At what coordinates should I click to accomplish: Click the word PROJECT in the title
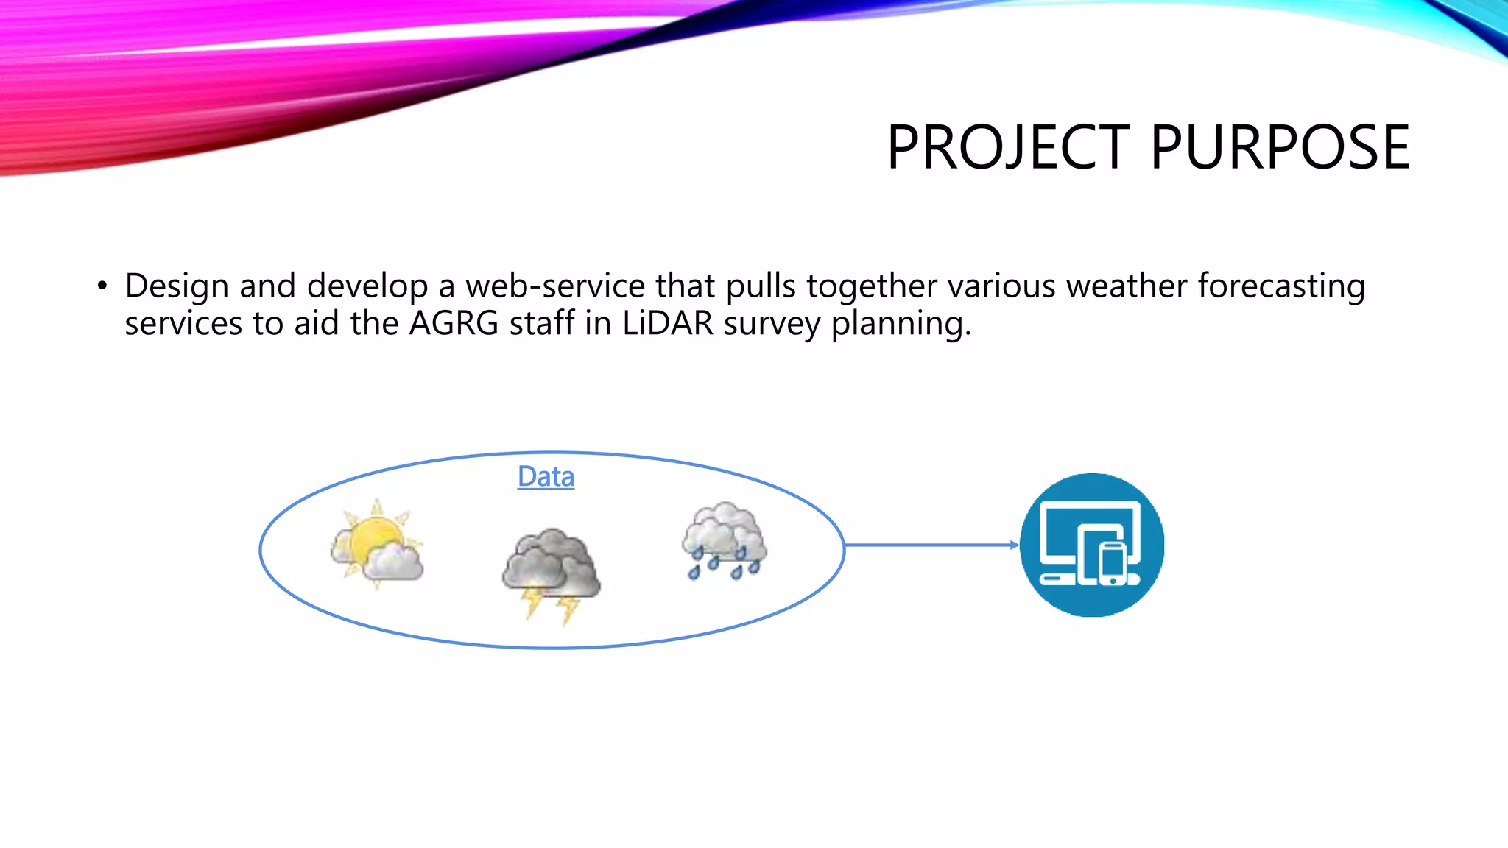click(1008, 148)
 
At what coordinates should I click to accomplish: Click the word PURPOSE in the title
click(1280, 148)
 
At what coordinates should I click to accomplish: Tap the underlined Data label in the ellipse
click(546, 477)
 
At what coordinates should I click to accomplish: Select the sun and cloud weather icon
click(376, 544)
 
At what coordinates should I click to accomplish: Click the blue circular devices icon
click(1091, 545)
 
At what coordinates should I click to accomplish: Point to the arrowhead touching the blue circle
click(1014, 545)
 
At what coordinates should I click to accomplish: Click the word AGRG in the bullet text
click(454, 324)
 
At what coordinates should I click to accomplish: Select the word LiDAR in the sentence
click(667, 324)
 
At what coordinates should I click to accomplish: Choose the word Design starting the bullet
click(177, 286)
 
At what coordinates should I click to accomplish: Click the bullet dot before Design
click(102, 286)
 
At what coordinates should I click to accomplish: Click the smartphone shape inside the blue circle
click(1113, 564)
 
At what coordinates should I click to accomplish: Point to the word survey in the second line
click(772, 324)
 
